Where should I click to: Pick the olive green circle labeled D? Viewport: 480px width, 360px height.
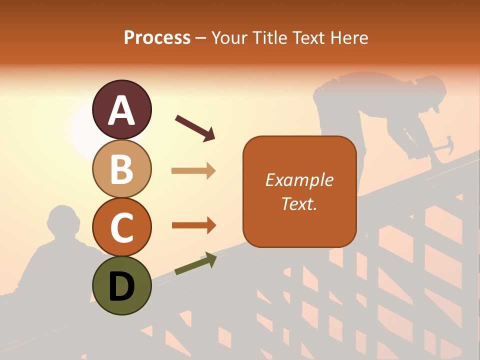point(121,285)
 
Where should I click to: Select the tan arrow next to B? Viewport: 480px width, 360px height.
point(193,171)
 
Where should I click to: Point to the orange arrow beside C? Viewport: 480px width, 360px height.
point(193,225)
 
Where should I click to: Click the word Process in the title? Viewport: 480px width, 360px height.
point(157,37)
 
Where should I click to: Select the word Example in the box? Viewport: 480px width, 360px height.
point(299,180)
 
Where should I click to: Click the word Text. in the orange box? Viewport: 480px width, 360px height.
point(299,203)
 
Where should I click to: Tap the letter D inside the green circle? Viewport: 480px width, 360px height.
point(121,286)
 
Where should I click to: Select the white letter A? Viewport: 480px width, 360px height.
point(121,110)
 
